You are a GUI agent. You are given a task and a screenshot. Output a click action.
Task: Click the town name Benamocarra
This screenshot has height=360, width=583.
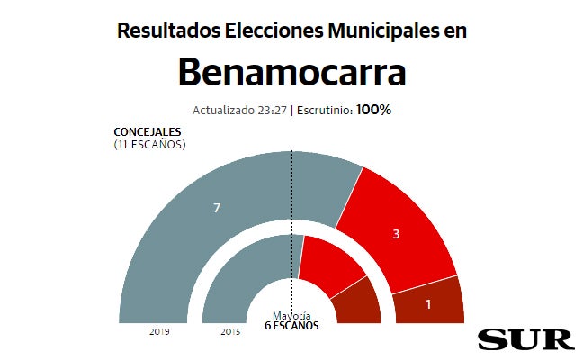click(x=291, y=72)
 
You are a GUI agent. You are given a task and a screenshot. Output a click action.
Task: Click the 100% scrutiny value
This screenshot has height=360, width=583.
click(x=373, y=111)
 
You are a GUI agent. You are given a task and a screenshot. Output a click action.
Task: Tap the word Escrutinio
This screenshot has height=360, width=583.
click(x=325, y=111)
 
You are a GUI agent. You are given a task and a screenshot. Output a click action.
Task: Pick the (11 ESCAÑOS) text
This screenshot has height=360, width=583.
click(x=150, y=144)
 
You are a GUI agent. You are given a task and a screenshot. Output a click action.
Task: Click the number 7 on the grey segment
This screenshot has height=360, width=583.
click(x=217, y=208)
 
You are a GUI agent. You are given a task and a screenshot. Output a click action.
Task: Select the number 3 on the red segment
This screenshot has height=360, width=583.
click(x=396, y=234)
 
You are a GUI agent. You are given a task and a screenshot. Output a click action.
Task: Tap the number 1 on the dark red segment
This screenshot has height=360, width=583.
click(x=428, y=304)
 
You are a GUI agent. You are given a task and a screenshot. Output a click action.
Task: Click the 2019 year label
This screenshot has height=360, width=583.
click(x=160, y=332)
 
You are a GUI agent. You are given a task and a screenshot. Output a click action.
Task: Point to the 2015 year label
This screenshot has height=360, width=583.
click(x=230, y=332)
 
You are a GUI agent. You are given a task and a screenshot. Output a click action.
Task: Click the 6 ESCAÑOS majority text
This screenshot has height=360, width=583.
click(x=291, y=326)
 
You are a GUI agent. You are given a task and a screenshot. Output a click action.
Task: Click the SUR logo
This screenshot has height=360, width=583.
click(x=525, y=339)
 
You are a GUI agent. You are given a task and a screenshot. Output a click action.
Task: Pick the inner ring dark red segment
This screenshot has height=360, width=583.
click(x=358, y=304)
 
